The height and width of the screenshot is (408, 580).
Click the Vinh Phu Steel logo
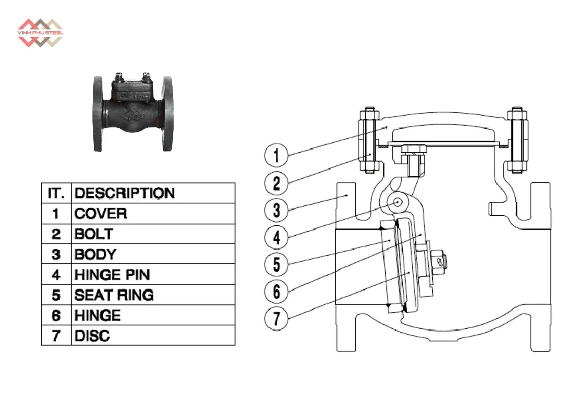[x=40, y=33]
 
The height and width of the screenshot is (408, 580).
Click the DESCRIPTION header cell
[x=125, y=193]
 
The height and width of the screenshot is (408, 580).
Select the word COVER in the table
[x=101, y=214]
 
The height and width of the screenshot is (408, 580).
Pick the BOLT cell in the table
[x=93, y=234]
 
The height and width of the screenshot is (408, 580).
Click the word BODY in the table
[x=95, y=254]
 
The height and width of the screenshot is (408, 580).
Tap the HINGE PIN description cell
[x=112, y=274]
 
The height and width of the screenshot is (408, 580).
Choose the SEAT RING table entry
[x=114, y=295]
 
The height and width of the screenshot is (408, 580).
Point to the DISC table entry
[x=92, y=335]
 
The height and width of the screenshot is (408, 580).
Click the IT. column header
[x=56, y=193]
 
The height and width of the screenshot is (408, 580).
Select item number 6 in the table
[x=56, y=315]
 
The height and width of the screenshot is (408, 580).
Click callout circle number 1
[x=276, y=155]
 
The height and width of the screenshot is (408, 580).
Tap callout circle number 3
[x=276, y=210]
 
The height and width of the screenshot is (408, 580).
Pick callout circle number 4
[x=276, y=237]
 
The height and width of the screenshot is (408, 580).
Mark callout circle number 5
[x=276, y=264]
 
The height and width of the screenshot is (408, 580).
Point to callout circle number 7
[x=276, y=317]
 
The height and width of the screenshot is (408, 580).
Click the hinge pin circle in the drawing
[x=398, y=202]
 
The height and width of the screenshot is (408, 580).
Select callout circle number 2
[x=276, y=183]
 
